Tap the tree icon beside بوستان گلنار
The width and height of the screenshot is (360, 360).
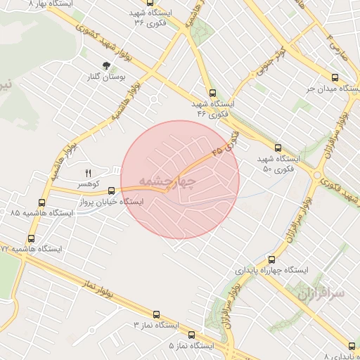[106, 66]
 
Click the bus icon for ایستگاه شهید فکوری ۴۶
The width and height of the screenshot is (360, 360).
[212, 93]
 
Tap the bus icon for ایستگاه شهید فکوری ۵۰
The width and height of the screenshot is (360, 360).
[278, 148]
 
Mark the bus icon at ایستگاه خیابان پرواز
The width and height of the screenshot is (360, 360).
[111, 190]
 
